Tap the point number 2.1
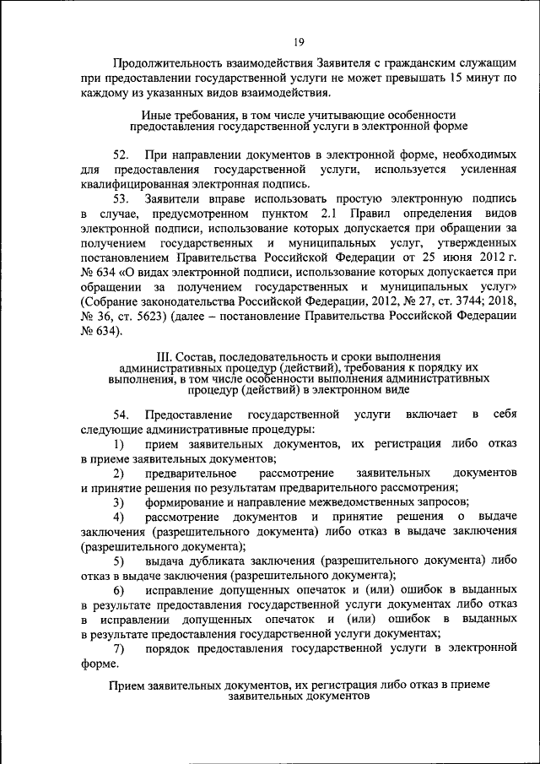[332, 214]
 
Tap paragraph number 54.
[120, 415]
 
